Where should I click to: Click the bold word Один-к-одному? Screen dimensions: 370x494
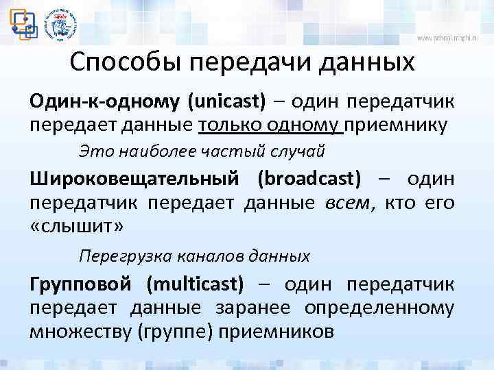point(104,102)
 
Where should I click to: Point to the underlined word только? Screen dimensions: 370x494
point(230,125)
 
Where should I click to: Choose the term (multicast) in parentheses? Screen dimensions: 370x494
point(195,284)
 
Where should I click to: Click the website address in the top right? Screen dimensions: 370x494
point(452,38)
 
